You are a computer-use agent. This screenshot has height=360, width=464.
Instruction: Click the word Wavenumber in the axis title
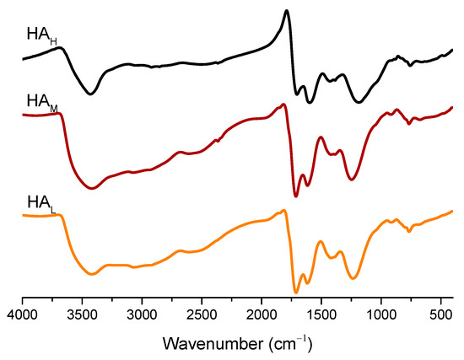pyautogui.click(x=221, y=343)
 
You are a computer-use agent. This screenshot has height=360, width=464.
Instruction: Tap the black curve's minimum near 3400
pyautogui.click(x=91, y=94)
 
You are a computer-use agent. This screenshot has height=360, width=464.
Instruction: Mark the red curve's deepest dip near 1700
pyautogui.click(x=296, y=196)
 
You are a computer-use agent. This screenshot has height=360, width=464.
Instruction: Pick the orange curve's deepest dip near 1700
pyautogui.click(x=296, y=292)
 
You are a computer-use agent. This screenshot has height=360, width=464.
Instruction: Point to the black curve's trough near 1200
pyautogui.click(x=359, y=103)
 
